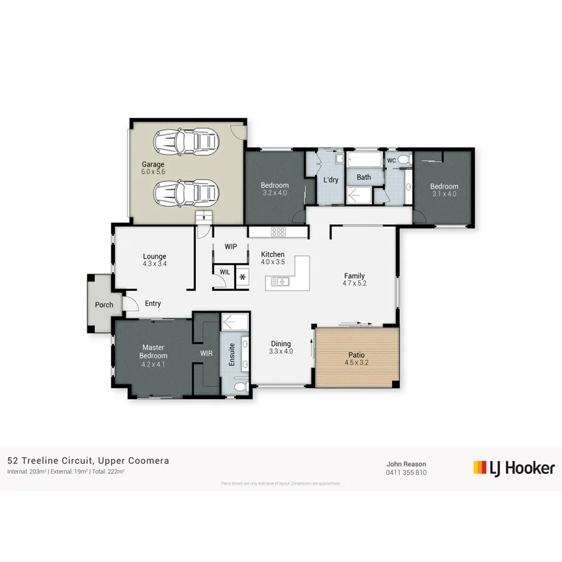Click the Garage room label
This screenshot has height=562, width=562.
[x=153, y=169]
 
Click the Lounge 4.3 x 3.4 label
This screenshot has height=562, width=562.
[x=154, y=260]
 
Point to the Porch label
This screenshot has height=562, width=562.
[x=104, y=305]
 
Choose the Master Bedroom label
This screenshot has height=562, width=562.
[x=152, y=352]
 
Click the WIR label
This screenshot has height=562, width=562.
[x=206, y=353]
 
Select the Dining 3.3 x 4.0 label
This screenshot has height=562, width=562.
[x=281, y=347]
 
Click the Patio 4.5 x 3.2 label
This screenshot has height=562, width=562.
[x=357, y=358]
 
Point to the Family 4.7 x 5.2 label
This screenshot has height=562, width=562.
[x=354, y=280]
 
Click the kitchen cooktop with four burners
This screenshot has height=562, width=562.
[x=278, y=232]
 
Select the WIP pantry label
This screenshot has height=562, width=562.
[x=230, y=247]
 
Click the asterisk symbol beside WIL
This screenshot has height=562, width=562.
[x=242, y=277]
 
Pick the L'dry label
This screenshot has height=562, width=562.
[x=330, y=180]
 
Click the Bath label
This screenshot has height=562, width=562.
[x=363, y=177]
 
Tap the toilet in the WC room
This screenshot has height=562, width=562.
[x=404, y=160]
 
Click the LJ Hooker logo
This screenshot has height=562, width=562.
[x=514, y=468]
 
